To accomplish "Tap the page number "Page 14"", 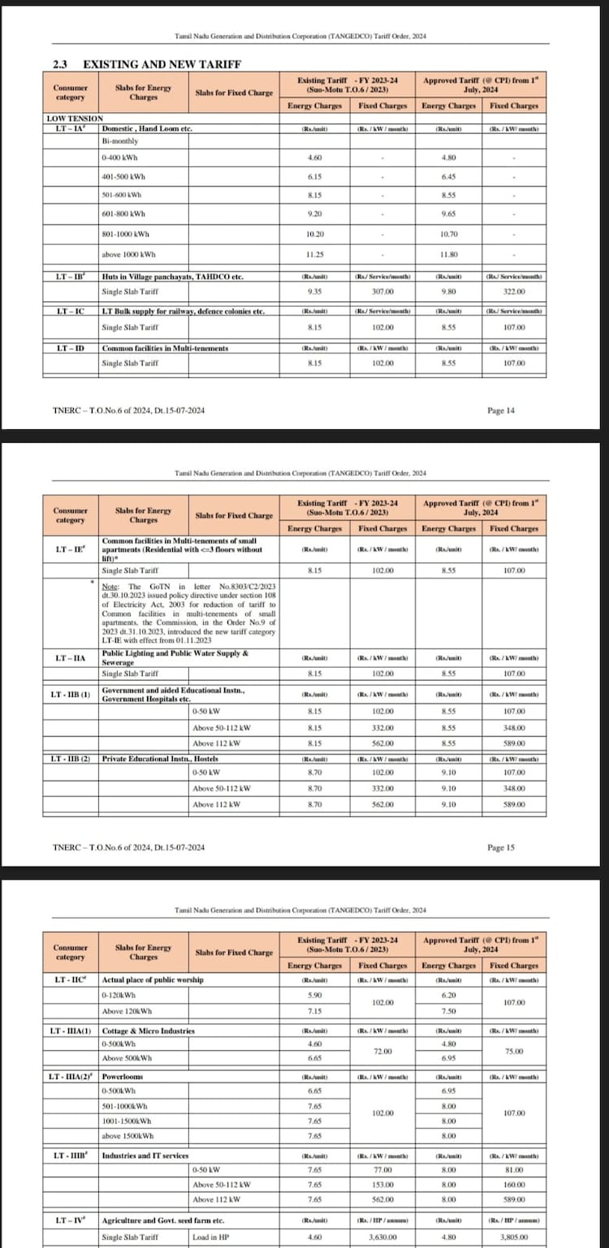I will [501, 411].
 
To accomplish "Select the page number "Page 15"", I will [501, 847].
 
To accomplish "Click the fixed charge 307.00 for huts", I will [382, 291].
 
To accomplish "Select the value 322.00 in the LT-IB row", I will [514, 291].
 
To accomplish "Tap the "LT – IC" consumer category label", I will [70, 312].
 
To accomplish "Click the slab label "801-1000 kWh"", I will [124, 234].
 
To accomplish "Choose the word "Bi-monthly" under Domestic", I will [119, 140].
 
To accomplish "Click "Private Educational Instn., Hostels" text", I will [153, 758].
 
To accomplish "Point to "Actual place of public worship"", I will [153, 979].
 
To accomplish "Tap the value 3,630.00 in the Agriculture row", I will [382, 1236].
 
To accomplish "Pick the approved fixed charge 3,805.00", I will [514, 1236].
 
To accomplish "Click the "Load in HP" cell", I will [211, 1236].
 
